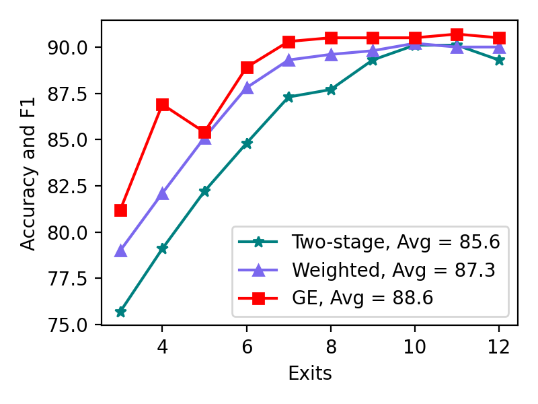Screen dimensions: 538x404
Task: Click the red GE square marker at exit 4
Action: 162,104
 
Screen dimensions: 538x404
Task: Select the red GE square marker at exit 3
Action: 120,210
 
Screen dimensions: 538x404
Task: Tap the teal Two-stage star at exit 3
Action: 120,312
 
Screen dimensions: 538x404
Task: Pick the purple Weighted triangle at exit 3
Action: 120,251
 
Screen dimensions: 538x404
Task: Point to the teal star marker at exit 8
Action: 331,90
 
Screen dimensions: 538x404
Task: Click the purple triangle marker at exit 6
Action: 247,88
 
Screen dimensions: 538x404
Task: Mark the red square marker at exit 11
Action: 457,34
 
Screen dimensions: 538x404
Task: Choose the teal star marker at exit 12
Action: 499,60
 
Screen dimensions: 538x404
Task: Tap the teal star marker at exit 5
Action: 204,191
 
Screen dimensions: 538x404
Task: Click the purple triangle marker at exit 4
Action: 162,194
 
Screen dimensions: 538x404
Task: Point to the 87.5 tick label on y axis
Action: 67,94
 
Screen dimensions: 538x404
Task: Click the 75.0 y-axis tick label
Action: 67,325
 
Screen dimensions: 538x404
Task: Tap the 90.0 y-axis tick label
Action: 67,48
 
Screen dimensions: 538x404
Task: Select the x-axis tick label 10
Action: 414,347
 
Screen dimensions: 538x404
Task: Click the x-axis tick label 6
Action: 247,347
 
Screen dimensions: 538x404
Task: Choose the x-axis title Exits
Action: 310,373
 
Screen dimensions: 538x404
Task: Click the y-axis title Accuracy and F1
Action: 28,174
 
